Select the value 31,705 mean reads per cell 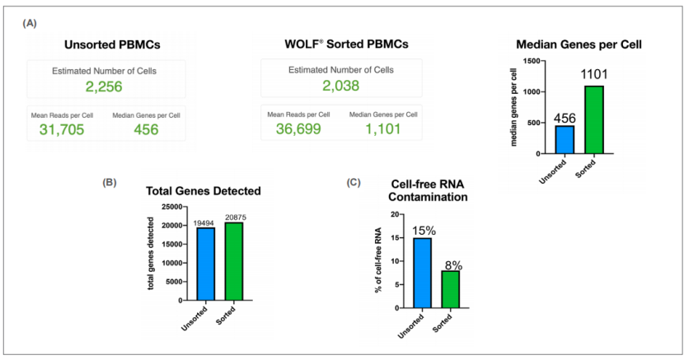coord(61,129)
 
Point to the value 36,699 coord(293,129)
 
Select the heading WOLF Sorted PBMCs coord(341,44)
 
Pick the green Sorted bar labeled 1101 coord(594,119)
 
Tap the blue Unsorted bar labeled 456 coord(565,139)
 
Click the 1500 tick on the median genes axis coord(536,61)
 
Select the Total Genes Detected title coord(203,190)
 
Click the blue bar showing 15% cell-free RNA coord(422,273)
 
